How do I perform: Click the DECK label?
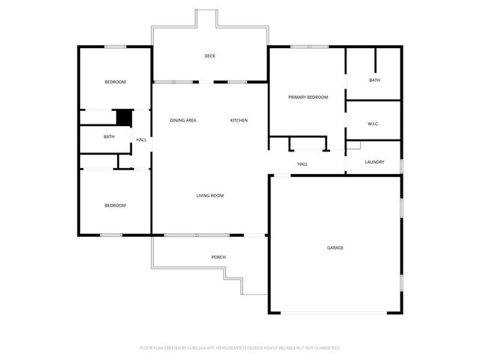pyautogui.click(x=210, y=56)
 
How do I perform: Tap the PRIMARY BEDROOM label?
pyautogui.click(x=308, y=97)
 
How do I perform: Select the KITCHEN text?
pyautogui.click(x=238, y=120)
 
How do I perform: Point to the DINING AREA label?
pyautogui.click(x=183, y=120)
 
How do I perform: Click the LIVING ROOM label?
pyautogui.click(x=210, y=195)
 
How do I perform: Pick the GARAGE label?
pyautogui.click(x=335, y=247)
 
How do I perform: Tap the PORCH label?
pyautogui.click(x=218, y=256)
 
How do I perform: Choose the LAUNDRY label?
pyautogui.click(x=374, y=162)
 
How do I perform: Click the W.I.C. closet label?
pyautogui.click(x=373, y=124)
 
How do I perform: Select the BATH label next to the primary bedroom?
pyautogui.click(x=375, y=80)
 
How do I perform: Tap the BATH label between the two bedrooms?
pyautogui.click(x=109, y=136)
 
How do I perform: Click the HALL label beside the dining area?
pyautogui.click(x=142, y=139)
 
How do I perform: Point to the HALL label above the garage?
pyautogui.click(x=302, y=164)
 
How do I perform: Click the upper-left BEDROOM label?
pyautogui.click(x=115, y=82)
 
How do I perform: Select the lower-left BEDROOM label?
pyautogui.click(x=115, y=205)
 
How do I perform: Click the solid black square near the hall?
pyautogui.click(x=124, y=118)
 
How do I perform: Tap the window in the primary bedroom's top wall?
pyautogui.click(x=310, y=46)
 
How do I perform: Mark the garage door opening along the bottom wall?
pyautogui.click(x=334, y=313)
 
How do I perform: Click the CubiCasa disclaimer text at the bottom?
pyautogui.click(x=240, y=348)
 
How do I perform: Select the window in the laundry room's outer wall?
pyautogui.click(x=402, y=166)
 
